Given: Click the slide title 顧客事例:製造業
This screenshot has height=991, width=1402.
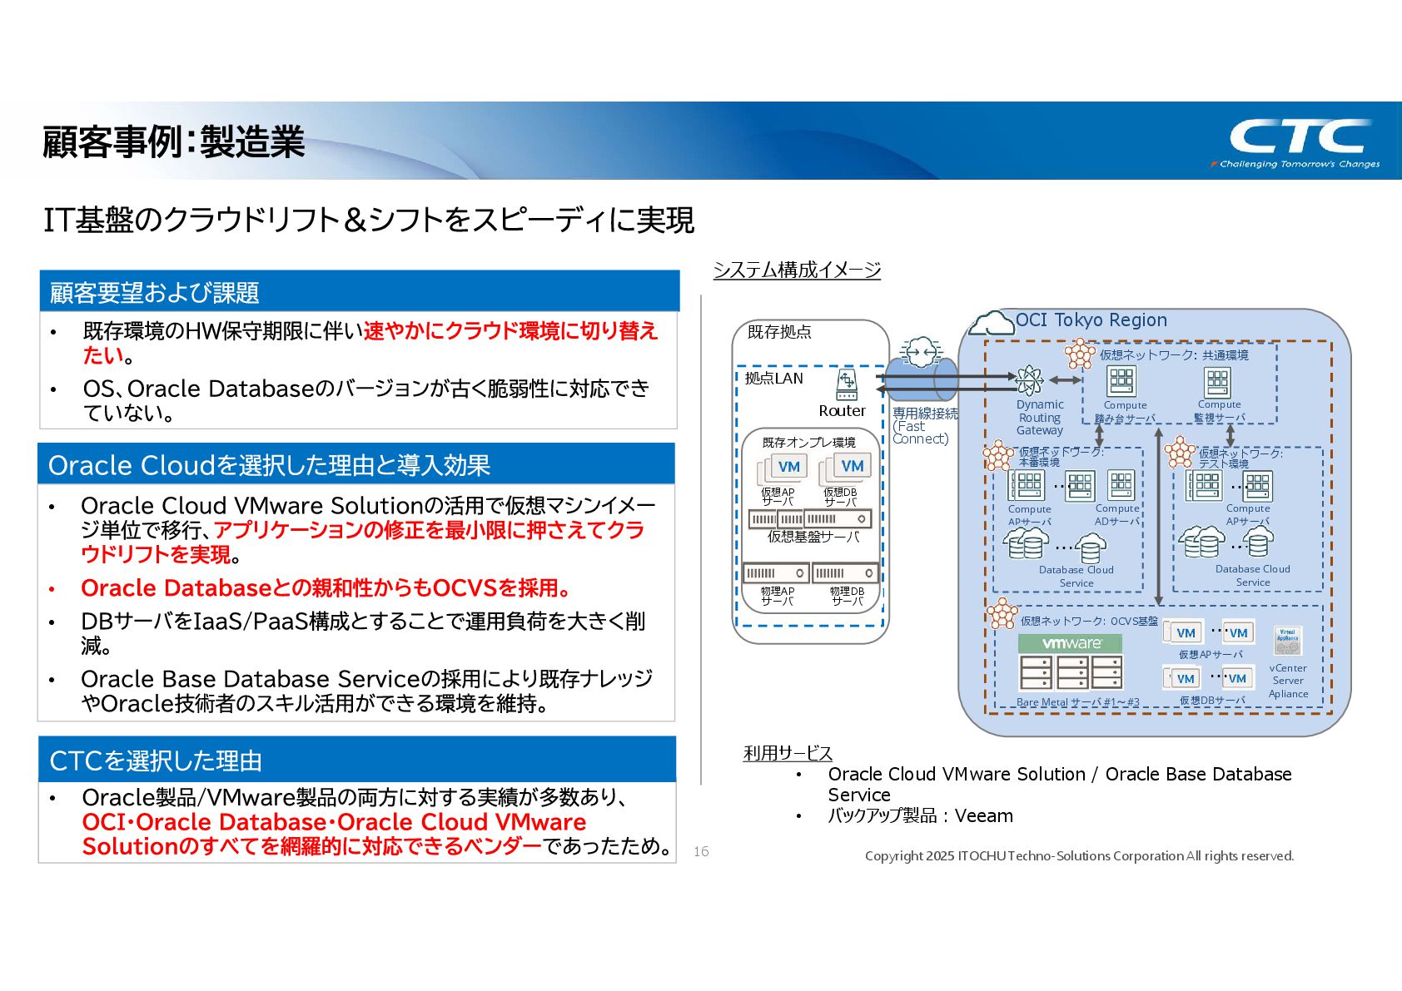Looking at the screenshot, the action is pos(174,142).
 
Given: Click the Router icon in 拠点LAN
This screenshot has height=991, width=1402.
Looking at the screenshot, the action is pos(846,384).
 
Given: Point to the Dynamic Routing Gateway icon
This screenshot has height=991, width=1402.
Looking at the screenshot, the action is pos(1029,380).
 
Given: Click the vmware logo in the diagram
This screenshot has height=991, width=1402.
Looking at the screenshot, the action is pos(1070,643).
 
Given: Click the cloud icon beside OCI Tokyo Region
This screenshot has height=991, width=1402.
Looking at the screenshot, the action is pos(992,323).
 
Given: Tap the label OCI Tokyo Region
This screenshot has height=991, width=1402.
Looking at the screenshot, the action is pos(1091,320).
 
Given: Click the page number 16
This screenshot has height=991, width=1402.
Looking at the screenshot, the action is pos(701,851).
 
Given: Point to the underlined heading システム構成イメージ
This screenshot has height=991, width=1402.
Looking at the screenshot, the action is pos(797,270).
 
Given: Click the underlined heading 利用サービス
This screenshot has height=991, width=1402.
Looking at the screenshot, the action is pos(787,753).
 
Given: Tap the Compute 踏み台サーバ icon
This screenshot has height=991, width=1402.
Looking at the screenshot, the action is pos(1121,381).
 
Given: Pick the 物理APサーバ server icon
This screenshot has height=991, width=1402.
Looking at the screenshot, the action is pos(776,572).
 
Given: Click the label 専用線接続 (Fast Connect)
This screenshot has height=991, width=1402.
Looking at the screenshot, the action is pos(923,425).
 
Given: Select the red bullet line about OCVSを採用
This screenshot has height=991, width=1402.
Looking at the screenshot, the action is pos(325,588).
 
